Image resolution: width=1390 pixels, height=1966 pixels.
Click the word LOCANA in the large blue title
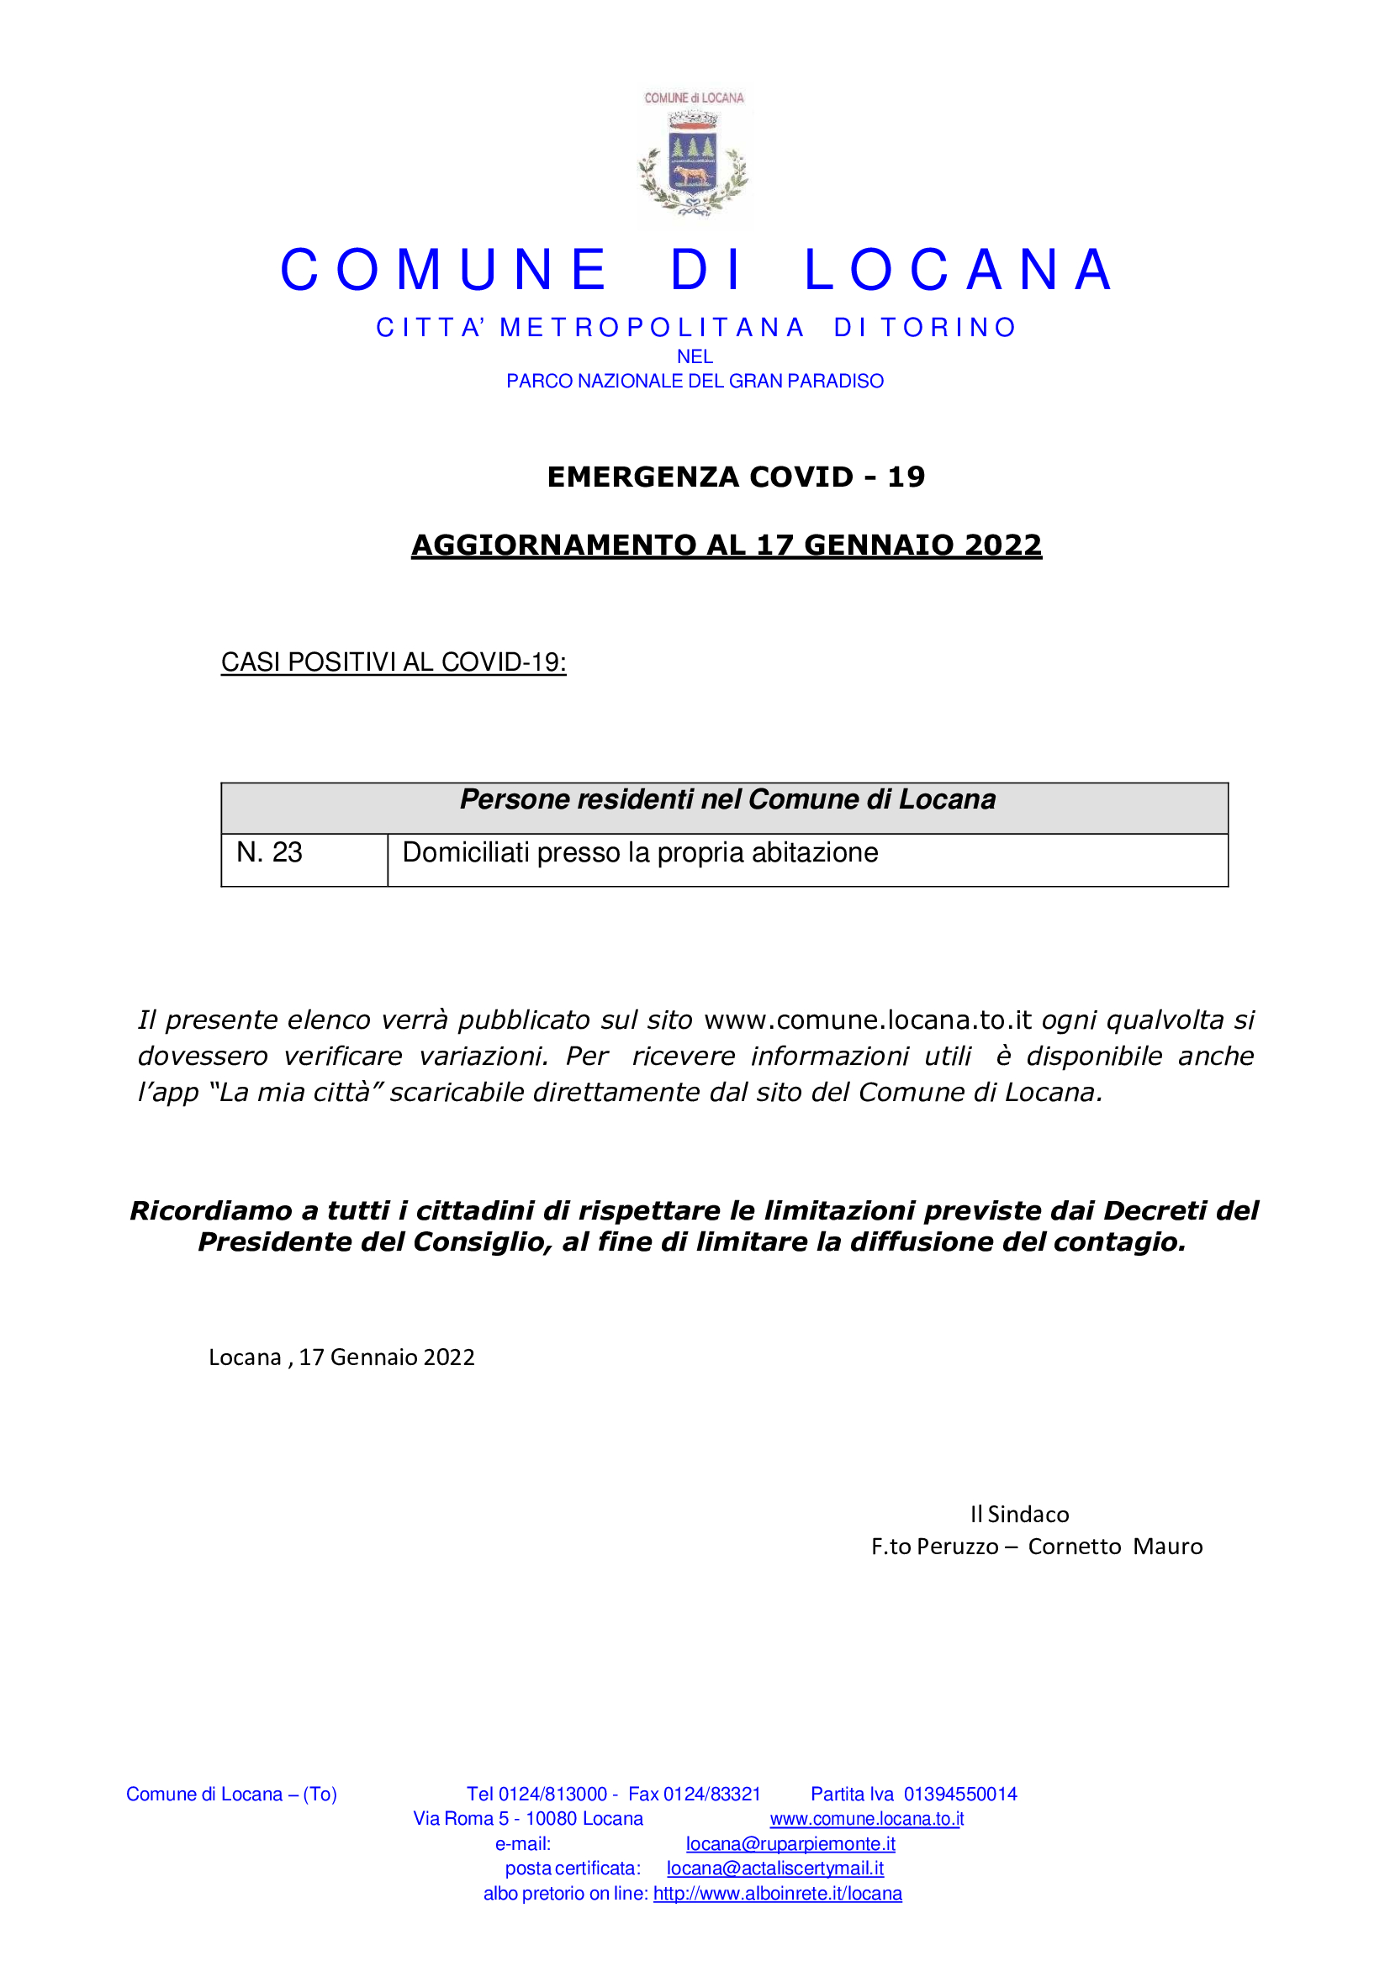pyautogui.click(x=959, y=271)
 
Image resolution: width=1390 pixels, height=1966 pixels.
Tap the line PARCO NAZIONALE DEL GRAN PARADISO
pyautogui.click(x=695, y=381)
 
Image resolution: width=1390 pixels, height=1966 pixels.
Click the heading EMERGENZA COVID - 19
pyautogui.click(x=736, y=477)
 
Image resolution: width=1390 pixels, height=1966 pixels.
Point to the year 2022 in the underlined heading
pyautogui.click(x=1003, y=546)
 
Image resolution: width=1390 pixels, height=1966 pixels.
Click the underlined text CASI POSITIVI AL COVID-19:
pyautogui.click(x=393, y=661)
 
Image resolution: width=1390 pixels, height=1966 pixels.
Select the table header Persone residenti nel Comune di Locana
pyautogui.click(x=727, y=799)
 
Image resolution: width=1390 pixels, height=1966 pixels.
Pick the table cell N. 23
pyautogui.click(x=269, y=853)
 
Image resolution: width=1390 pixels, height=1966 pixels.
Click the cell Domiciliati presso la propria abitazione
pyautogui.click(x=640, y=853)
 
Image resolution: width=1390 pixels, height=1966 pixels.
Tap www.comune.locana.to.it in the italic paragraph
pyautogui.click(x=868, y=1020)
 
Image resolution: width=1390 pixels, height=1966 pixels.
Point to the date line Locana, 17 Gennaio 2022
pyautogui.click(x=341, y=1357)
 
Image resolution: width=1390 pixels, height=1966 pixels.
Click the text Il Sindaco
pyautogui.click(x=1019, y=1515)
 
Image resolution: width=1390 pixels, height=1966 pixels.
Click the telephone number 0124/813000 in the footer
pyautogui.click(x=552, y=1794)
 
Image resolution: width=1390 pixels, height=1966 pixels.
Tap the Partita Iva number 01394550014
pyautogui.click(x=960, y=1794)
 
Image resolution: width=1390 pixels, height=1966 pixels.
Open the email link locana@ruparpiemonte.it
pyautogui.click(x=790, y=1843)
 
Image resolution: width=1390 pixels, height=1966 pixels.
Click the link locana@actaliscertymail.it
pyautogui.click(x=775, y=1868)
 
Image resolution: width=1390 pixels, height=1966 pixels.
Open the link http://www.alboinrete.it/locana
pyautogui.click(x=778, y=1893)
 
